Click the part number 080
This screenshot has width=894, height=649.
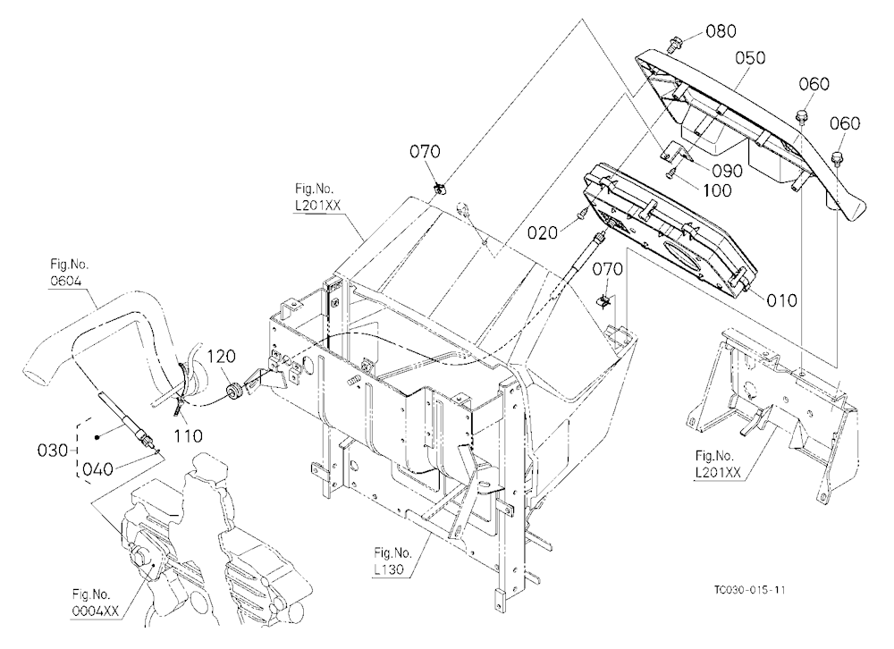coord(721,30)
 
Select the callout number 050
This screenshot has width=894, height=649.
coord(750,57)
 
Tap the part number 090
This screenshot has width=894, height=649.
coord(727,171)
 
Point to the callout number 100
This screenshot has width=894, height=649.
coord(716,190)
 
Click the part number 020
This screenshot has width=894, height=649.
coord(543,232)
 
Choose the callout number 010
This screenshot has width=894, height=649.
coord(781,299)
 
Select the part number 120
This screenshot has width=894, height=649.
coord(221,357)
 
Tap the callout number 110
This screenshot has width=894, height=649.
coord(188,436)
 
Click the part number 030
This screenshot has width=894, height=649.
coord(53,451)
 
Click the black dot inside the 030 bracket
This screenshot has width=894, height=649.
coord(97,437)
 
